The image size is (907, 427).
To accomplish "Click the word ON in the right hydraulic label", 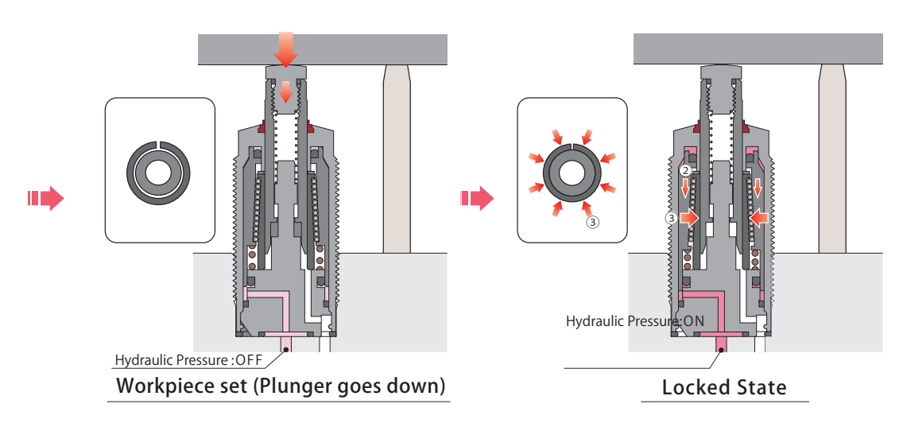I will coord(693,322).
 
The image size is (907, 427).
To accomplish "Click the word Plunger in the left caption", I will coord(300,387).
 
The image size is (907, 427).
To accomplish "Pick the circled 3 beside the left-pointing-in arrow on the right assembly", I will coord(672,216).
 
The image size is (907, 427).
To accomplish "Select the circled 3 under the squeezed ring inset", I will coord(591,223).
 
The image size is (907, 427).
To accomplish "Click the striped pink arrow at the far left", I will coord(45,197).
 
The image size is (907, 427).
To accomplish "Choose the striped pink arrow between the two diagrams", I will coord(477,197).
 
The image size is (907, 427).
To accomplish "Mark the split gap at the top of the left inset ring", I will coord(159,143).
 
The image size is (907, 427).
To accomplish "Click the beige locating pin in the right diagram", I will coord(831,159).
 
